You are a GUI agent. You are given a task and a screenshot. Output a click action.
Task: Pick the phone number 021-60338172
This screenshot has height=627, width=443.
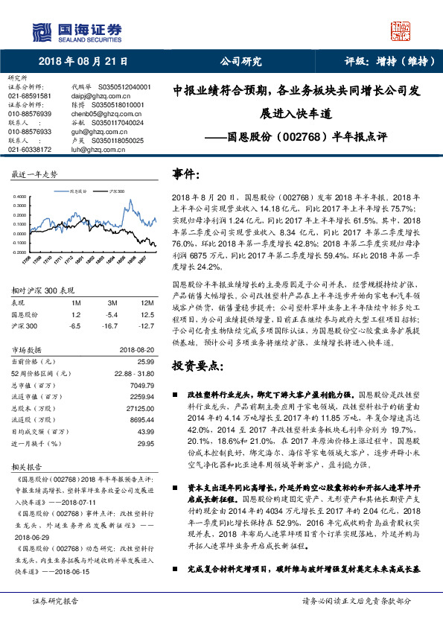(x=30, y=150)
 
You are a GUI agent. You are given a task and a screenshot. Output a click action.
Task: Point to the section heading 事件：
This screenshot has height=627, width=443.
(x=186, y=174)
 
